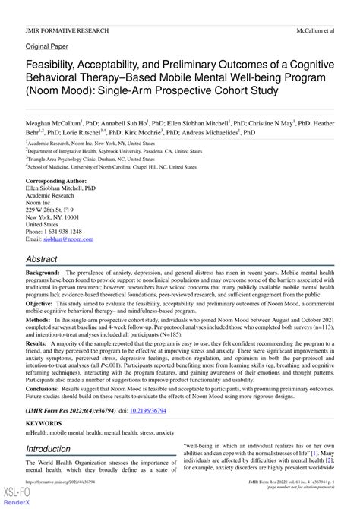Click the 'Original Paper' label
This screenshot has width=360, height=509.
(x=46, y=46)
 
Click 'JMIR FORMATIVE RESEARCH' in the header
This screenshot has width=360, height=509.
(x=67, y=31)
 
